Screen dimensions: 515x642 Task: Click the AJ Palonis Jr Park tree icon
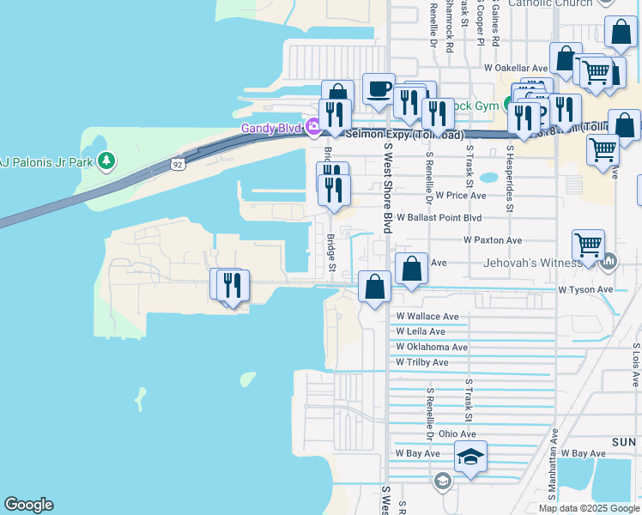click(x=106, y=161)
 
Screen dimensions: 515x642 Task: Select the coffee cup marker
click(x=379, y=89)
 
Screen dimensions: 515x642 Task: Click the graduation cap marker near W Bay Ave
click(x=470, y=457)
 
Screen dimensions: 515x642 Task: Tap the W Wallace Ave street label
click(x=427, y=317)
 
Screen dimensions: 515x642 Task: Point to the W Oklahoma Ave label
click(x=432, y=347)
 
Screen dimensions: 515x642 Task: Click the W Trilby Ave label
click(x=422, y=362)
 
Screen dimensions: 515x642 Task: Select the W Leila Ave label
click(x=421, y=331)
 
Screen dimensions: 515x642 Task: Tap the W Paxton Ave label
click(x=493, y=241)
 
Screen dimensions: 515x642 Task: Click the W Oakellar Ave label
click(x=516, y=67)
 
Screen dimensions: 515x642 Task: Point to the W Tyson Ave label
click(x=585, y=290)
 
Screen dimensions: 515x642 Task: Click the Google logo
click(x=28, y=505)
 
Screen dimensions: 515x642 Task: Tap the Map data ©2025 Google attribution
click(x=588, y=508)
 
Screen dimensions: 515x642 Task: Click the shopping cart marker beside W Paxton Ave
click(x=589, y=245)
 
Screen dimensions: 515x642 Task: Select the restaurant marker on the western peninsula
click(x=231, y=284)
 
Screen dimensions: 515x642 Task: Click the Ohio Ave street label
click(x=457, y=434)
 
